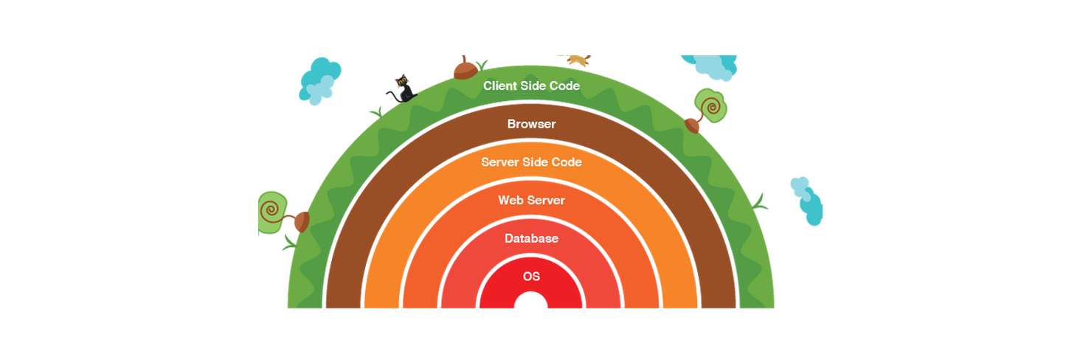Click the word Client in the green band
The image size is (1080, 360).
click(x=499, y=86)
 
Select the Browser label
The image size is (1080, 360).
click(x=531, y=124)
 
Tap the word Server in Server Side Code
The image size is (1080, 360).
click(x=498, y=162)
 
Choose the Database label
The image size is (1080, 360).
click(x=531, y=238)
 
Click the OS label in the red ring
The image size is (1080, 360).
click(x=531, y=276)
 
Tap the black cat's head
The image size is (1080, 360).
click(x=401, y=81)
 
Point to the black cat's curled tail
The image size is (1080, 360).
click(x=393, y=95)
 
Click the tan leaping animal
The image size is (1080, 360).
click(x=575, y=60)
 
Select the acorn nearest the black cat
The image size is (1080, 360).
click(x=465, y=69)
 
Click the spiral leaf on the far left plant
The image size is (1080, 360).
click(x=272, y=212)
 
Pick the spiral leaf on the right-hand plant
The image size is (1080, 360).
click(x=710, y=105)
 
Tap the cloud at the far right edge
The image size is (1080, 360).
click(x=808, y=201)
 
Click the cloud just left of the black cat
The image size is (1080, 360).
click(x=319, y=81)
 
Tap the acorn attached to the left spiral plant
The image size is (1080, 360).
click(x=302, y=222)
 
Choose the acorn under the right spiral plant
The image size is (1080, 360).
click(x=692, y=126)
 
